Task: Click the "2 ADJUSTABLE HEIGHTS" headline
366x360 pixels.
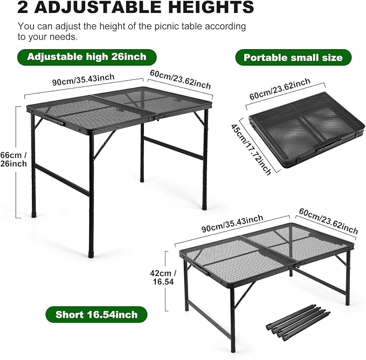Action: (x=136, y=6)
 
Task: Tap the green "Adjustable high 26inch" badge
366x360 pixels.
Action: (x=87, y=57)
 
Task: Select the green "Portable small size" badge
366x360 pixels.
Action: (x=293, y=58)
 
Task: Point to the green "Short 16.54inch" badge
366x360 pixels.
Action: (x=96, y=315)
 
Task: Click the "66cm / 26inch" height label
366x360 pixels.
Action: (x=13, y=159)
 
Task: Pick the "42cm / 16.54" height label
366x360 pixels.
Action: (x=163, y=277)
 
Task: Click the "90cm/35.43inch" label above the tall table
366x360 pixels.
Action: (x=84, y=80)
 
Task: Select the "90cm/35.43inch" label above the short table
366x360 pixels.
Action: (x=232, y=223)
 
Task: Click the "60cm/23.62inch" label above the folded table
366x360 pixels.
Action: (x=280, y=89)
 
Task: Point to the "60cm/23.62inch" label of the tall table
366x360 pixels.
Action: (x=180, y=79)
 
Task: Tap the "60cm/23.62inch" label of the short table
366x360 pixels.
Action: (x=328, y=221)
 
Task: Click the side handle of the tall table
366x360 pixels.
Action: (x=54, y=120)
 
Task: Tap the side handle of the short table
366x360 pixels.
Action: (x=201, y=268)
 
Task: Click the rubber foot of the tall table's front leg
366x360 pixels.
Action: (x=91, y=254)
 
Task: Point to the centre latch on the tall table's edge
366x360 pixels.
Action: (x=158, y=118)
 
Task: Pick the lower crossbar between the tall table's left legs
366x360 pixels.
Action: (x=63, y=180)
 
